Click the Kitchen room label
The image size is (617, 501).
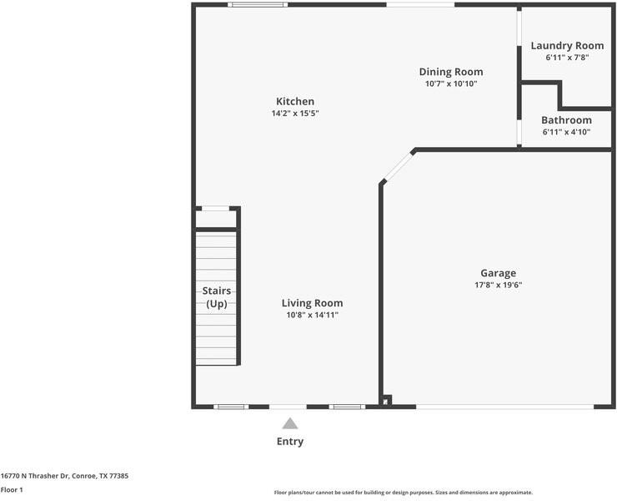click(x=295, y=101)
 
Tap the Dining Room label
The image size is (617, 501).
click(x=451, y=72)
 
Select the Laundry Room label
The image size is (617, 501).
click(x=567, y=46)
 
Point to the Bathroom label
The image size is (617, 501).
click(x=566, y=120)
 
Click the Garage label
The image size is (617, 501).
click(x=498, y=273)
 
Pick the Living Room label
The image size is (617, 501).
click(x=312, y=303)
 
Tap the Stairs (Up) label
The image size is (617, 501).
click(x=217, y=297)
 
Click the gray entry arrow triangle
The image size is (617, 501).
click(x=290, y=423)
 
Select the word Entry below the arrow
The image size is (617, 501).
click(x=290, y=442)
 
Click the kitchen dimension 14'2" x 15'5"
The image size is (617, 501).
click(x=295, y=114)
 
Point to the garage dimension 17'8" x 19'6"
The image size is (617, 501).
click(x=498, y=285)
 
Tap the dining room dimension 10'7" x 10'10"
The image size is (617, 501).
click(x=451, y=83)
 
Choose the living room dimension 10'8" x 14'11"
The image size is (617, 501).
click(x=312, y=315)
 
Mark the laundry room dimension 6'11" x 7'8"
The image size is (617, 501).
click(x=567, y=58)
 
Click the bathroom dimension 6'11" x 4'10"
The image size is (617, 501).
click(x=566, y=132)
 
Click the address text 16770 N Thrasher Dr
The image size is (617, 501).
click(x=35, y=476)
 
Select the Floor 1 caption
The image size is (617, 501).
click(x=12, y=490)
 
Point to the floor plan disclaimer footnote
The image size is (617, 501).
click(x=404, y=493)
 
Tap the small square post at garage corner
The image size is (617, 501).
click(x=387, y=400)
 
